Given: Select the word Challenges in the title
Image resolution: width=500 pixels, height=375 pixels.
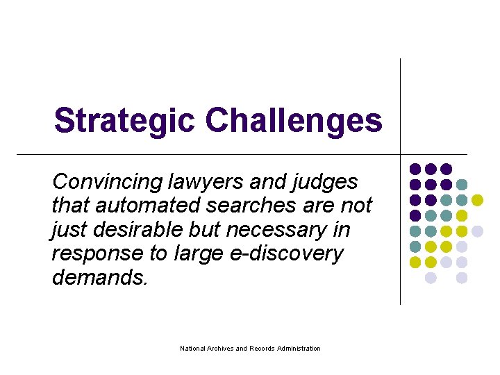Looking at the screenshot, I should pyautogui.click(x=294, y=121).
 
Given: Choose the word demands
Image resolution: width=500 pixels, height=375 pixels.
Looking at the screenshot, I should pyautogui.click(x=99, y=277).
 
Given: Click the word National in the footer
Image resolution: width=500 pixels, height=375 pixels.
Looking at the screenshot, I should pyautogui.click(x=192, y=348).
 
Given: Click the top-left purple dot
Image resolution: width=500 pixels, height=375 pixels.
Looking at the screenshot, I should pyautogui.click(x=415, y=169).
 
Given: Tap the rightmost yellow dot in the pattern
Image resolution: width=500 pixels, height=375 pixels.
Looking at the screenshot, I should pyautogui.click(x=477, y=200).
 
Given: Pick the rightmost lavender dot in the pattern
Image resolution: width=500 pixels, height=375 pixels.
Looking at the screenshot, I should pyautogui.click(x=477, y=231).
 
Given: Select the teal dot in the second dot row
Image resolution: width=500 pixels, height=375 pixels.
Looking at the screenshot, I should pyautogui.click(x=462, y=185).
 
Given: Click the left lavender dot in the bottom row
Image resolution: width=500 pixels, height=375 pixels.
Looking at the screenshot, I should pyautogui.click(x=431, y=278).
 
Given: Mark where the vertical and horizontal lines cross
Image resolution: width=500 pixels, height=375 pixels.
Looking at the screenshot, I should pyautogui.click(x=401, y=153).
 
